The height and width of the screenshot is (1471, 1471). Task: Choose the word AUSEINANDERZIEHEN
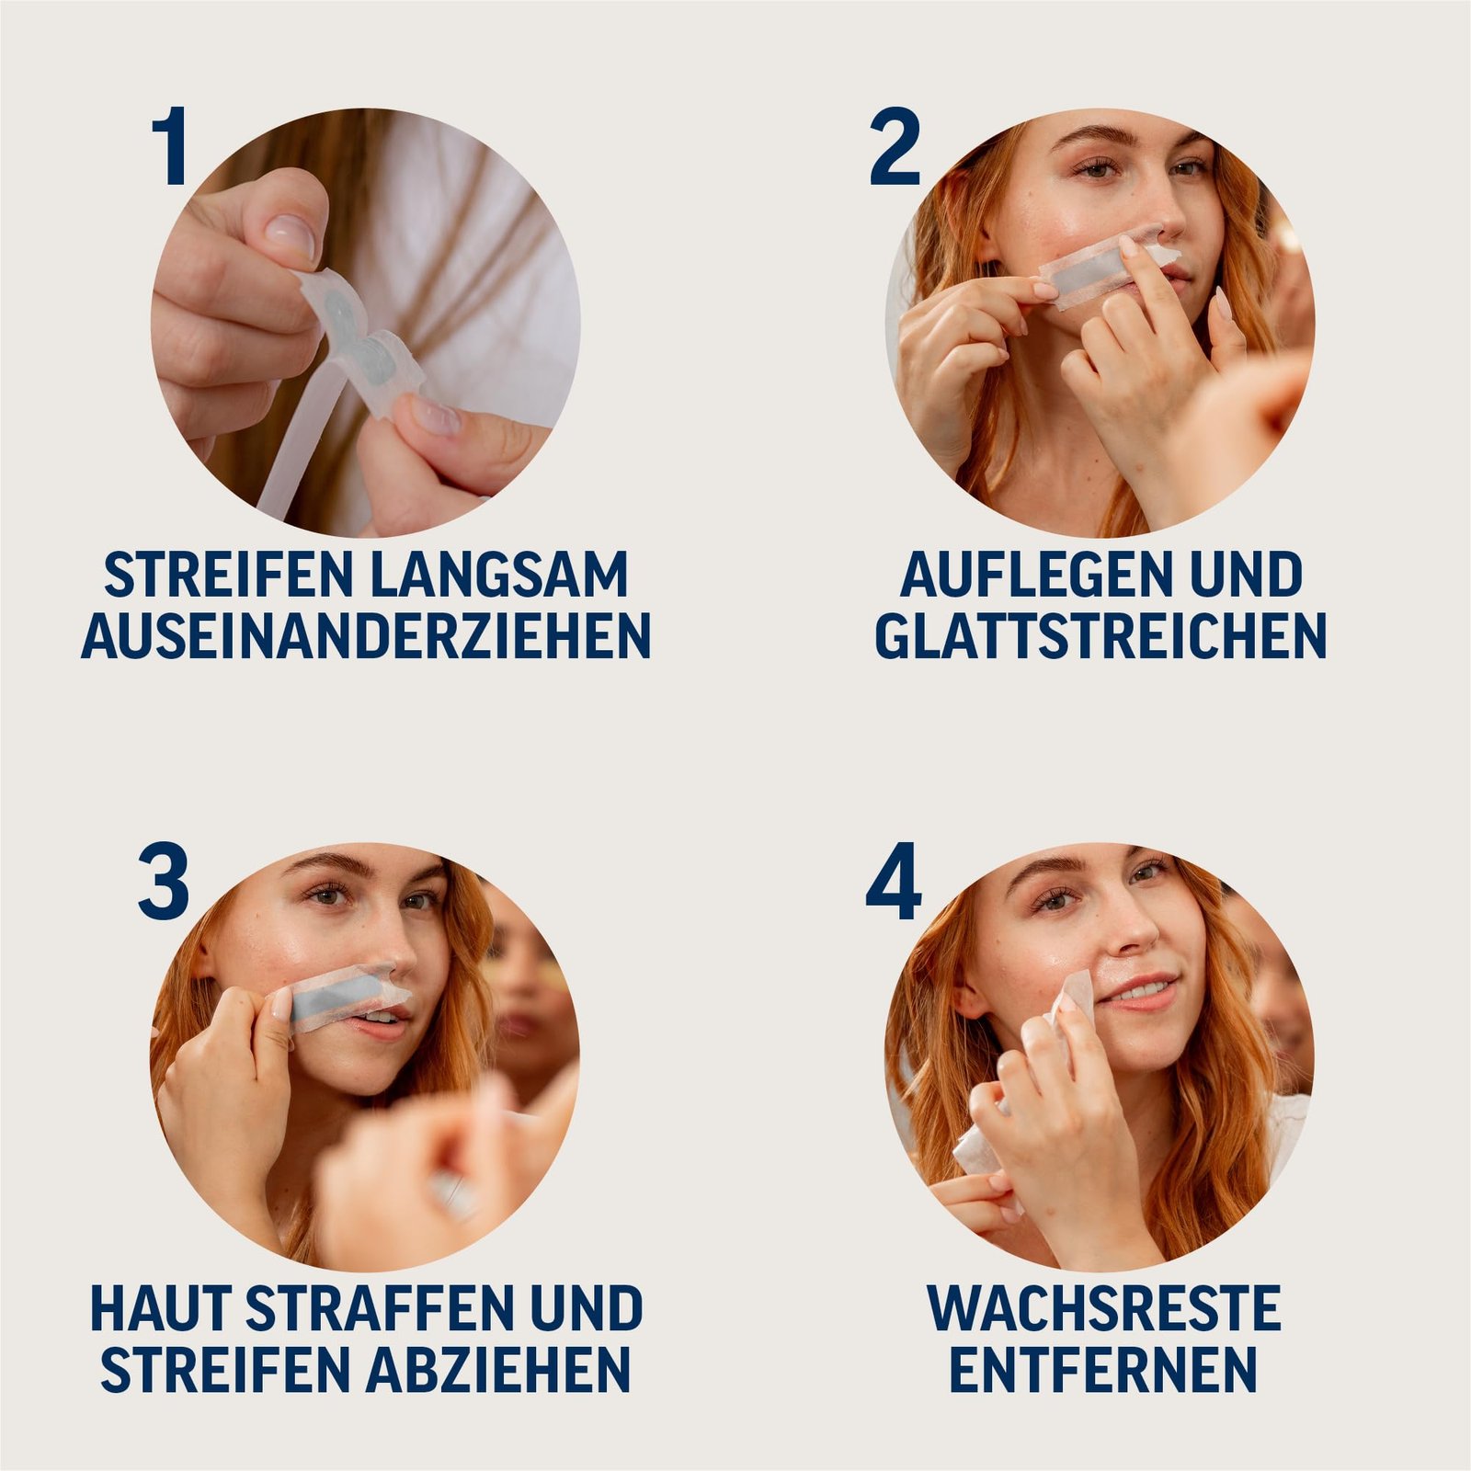pos(366,635)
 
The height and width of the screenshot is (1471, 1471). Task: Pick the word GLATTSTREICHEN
pos(1100,635)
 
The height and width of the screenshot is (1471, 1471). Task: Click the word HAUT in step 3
pos(160,1309)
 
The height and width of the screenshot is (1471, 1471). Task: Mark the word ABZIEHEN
pos(498,1370)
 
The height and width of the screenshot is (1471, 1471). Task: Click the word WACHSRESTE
pos(1103,1309)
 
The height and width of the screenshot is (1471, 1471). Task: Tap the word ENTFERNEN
pos(1102,1370)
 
